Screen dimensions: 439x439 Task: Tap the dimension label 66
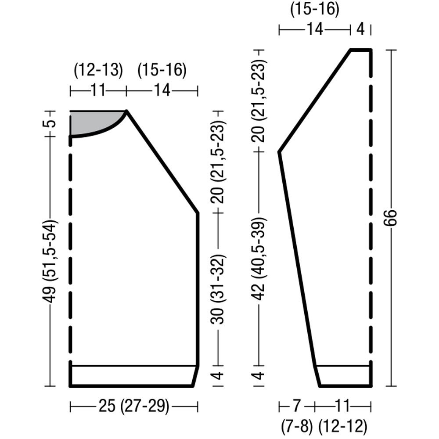coord(390,218)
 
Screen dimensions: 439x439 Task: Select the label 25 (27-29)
coord(134,406)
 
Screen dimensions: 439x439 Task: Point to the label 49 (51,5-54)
coord(50,262)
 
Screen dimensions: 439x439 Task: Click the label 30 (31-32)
coord(218,289)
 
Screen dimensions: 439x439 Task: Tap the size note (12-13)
coord(98,69)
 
